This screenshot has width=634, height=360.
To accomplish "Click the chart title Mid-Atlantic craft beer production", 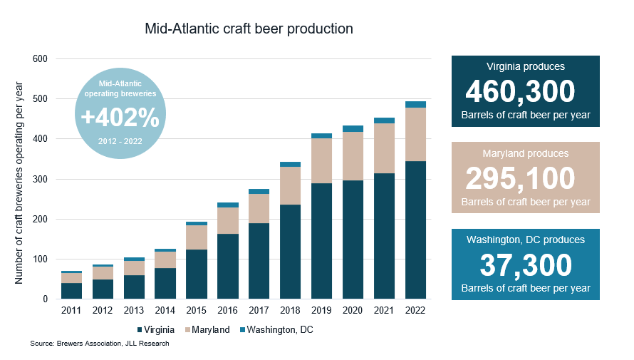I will click(x=249, y=29).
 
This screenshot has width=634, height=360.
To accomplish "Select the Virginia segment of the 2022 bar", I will click(x=415, y=230).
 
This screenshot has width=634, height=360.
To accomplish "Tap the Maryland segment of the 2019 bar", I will click(x=321, y=160).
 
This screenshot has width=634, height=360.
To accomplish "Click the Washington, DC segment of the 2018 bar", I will click(x=290, y=164).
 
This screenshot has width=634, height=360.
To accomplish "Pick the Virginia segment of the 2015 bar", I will click(x=196, y=274).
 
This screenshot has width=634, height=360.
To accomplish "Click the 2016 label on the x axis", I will click(x=227, y=309).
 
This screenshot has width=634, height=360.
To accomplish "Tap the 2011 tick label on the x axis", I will click(x=71, y=309).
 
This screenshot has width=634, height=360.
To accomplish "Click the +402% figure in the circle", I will click(x=120, y=117).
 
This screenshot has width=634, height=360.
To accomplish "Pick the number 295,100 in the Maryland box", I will click(x=520, y=178).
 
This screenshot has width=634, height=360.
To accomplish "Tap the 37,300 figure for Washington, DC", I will click(x=526, y=266).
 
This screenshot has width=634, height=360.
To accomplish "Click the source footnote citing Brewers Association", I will click(x=100, y=344).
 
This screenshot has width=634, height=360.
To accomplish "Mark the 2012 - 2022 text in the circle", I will click(x=120, y=140).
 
